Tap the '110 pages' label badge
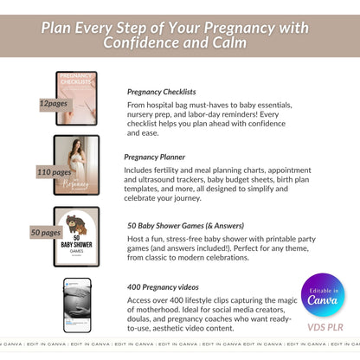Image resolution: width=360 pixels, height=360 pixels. click(x=55, y=172)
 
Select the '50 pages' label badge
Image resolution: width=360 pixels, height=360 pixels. click(x=46, y=233)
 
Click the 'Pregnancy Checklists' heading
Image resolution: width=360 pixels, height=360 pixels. click(x=161, y=91)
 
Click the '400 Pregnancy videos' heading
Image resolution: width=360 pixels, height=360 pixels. click(x=163, y=286)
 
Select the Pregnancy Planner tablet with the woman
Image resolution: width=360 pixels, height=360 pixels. click(x=77, y=165)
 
